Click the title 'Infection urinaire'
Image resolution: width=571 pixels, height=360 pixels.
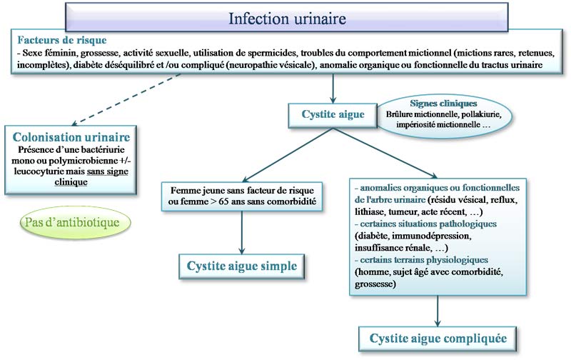[x=283, y=18]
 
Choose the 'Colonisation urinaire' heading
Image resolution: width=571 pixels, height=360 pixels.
[x=71, y=136]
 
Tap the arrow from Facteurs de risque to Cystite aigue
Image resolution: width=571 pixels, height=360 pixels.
[x=333, y=87]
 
